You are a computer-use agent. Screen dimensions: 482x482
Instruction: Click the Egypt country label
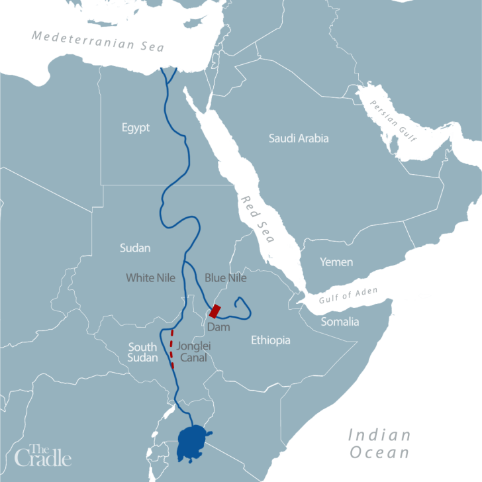[x=136, y=128]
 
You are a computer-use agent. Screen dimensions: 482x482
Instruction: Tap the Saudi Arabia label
[x=299, y=138]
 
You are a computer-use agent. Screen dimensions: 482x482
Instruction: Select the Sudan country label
[x=135, y=248]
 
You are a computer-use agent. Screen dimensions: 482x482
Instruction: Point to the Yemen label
[x=336, y=262]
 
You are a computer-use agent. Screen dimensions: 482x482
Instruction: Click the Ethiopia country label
[x=271, y=340]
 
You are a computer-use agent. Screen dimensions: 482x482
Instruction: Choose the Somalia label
[x=340, y=322]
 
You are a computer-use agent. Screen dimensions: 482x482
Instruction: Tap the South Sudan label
[x=142, y=352]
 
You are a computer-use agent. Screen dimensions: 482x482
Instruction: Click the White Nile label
[x=151, y=278]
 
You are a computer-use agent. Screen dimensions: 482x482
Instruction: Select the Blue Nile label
[x=225, y=278]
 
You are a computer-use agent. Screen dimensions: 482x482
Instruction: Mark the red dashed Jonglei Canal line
[x=172, y=348]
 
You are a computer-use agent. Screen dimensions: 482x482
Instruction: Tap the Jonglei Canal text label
[x=193, y=352]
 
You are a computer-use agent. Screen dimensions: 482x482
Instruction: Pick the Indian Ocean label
[x=379, y=444]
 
